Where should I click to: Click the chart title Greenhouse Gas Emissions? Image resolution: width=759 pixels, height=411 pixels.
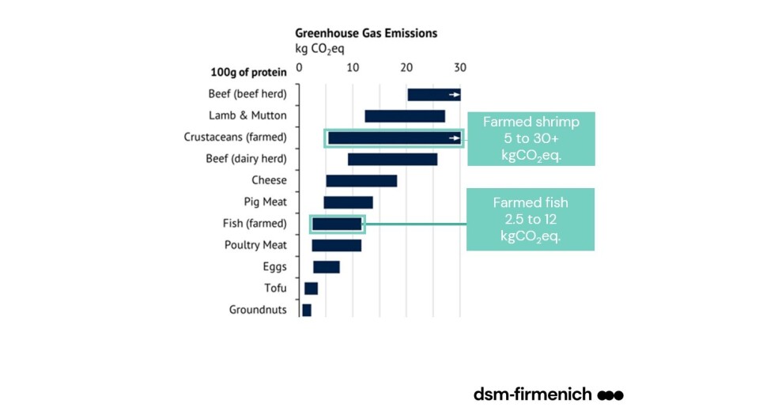366,33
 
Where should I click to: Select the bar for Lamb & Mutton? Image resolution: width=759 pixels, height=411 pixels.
405,116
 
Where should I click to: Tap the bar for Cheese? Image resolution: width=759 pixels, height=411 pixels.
361,181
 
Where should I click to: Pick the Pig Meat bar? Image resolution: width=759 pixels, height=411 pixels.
348,202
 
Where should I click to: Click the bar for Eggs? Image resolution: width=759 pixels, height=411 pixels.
327,267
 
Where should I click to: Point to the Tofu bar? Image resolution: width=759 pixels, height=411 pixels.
311,288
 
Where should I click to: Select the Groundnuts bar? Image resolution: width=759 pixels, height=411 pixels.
307,310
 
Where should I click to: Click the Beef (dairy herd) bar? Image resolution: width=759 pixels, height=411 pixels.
392,160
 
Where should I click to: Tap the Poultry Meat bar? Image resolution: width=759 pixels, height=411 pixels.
336,246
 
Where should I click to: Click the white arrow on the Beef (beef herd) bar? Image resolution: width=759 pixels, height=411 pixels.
454,95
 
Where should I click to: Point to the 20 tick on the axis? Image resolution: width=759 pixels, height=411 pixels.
406,68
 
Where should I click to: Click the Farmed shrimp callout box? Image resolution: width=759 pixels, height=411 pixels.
531,138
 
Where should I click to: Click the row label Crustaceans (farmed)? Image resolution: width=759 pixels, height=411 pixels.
236,138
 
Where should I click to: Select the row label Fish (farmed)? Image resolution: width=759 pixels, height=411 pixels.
255,224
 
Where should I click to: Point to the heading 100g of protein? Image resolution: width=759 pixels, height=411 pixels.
248,73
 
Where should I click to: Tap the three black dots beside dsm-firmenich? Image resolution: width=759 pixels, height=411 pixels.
610,394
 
